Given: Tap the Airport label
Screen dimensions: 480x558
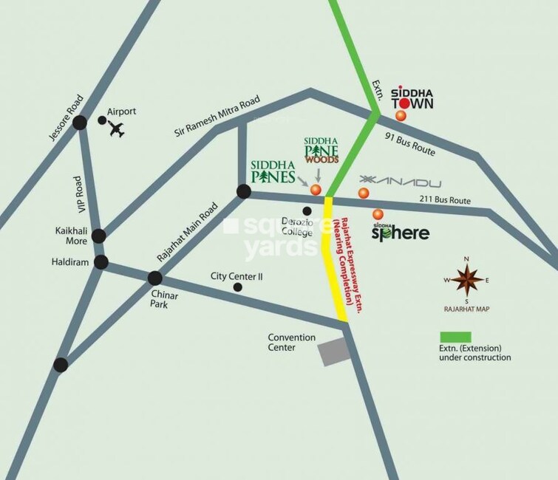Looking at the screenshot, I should coord(122,111).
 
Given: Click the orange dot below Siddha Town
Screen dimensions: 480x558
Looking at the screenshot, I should coord(401,115).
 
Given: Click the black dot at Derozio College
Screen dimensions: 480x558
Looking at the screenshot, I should coord(307,211).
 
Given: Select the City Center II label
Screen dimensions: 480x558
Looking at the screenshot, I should coord(237,277).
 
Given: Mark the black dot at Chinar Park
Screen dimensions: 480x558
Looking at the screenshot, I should coord(155,278).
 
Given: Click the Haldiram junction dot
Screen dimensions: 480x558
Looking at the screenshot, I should coord(101,262).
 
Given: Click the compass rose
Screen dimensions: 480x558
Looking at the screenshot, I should coord(466,281).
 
